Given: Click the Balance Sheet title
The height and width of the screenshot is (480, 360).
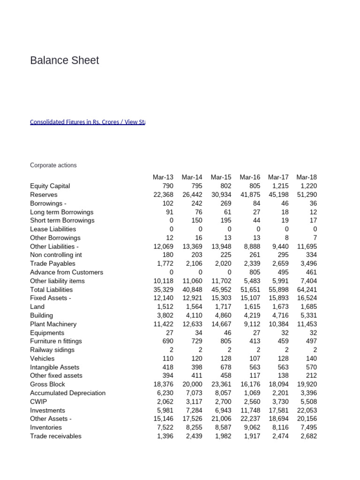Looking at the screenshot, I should (x=64, y=60).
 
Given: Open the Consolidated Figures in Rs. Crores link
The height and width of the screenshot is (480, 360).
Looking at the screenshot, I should (x=87, y=122).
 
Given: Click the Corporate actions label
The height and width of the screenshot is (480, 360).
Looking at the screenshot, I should (x=53, y=165).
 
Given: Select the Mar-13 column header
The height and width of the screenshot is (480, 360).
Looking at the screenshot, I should (x=163, y=177).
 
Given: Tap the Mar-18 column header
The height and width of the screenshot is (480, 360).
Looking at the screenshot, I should (x=307, y=177).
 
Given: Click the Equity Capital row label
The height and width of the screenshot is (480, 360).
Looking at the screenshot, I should (x=50, y=186).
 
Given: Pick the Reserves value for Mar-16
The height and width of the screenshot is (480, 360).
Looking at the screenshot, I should (x=250, y=195).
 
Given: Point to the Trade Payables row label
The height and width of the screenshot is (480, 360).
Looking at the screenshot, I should (x=52, y=263).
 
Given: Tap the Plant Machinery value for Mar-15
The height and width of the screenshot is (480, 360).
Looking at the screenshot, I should (x=221, y=324).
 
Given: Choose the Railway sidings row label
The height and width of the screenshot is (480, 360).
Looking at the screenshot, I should (x=52, y=350).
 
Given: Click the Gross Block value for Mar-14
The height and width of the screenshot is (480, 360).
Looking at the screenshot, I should (x=192, y=384).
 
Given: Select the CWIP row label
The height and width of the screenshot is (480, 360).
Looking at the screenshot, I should (x=38, y=402).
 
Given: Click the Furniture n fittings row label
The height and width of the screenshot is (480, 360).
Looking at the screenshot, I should (x=56, y=341).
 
